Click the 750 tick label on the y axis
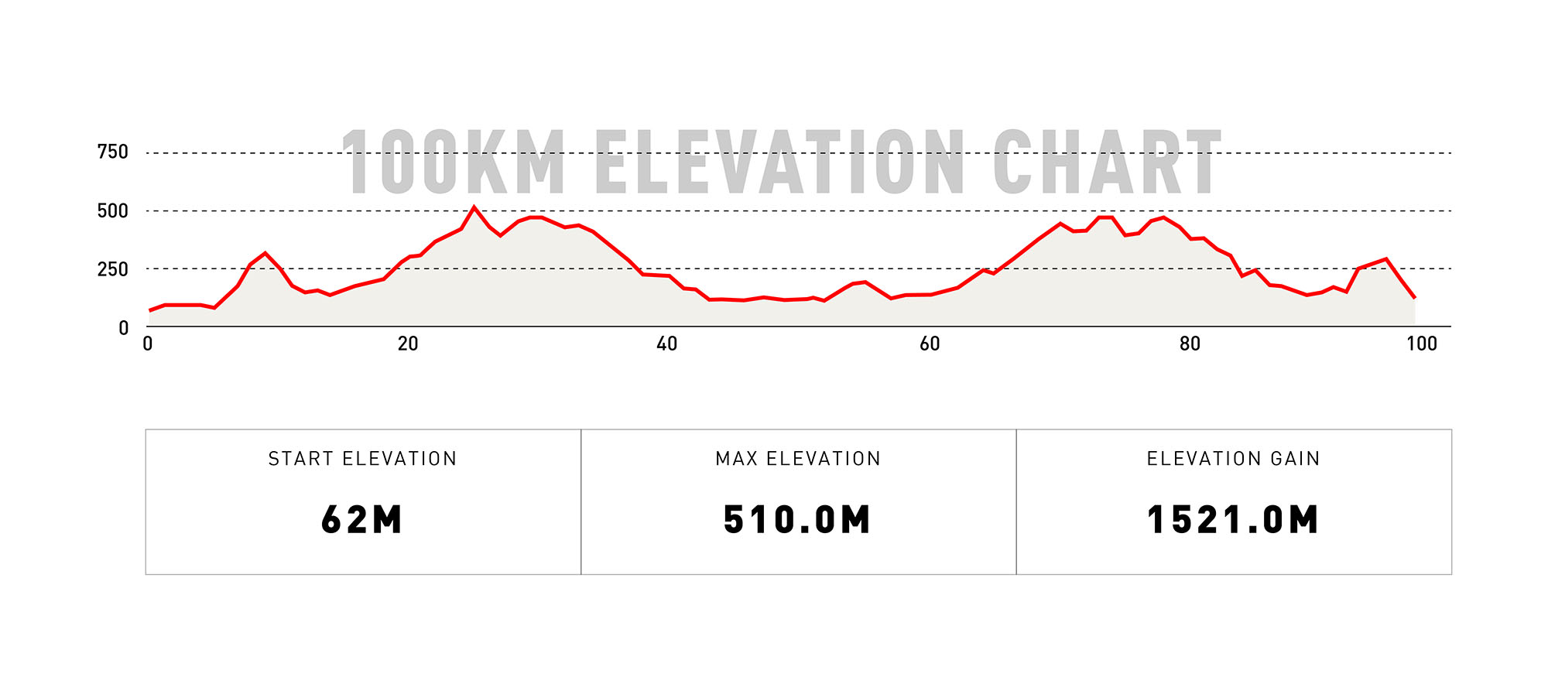[x=113, y=152]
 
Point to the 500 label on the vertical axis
[x=113, y=211]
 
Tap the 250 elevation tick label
[x=113, y=269]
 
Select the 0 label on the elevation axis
[x=124, y=328]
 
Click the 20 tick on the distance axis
[x=408, y=344]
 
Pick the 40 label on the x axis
[x=667, y=344]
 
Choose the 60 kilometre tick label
[x=930, y=344]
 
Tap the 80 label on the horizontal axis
[x=1190, y=344]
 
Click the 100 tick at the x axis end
[x=1421, y=344]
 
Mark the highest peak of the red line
[x=474, y=207]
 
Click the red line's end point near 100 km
[x=1415, y=298]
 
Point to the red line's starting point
[x=149, y=310]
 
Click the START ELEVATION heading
[x=362, y=459]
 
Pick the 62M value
[x=362, y=519]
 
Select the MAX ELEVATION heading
[x=798, y=459]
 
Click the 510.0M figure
[x=798, y=519]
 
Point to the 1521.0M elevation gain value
[x=1233, y=519]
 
